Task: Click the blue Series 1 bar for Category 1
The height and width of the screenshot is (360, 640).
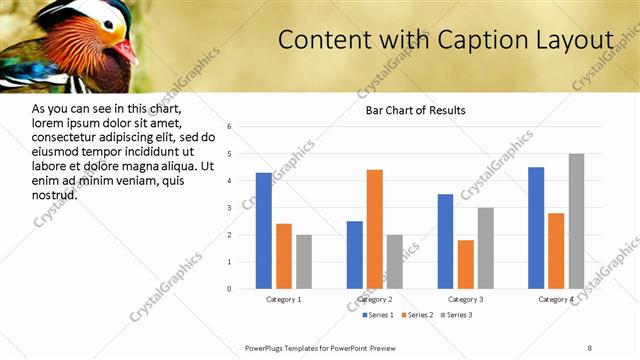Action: tap(263, 231)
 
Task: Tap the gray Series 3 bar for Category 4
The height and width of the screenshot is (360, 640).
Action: tap(576, 221)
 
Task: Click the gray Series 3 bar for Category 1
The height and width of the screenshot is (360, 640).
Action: tap(303, 262)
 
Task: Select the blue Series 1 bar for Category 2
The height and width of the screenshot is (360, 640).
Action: tap(355, 255)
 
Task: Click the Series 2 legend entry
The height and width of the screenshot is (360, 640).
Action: tap(417, 315)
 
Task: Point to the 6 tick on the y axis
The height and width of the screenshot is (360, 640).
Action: tap(229, 127)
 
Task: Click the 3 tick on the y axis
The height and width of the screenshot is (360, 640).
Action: tap(229, 208)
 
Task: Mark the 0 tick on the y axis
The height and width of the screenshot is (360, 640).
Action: tap(229, 289)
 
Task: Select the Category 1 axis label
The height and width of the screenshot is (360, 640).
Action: tap(283, 299)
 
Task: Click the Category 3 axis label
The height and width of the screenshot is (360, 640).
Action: tap(465, 299)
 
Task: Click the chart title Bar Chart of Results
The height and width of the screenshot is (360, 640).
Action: tap(416, 110)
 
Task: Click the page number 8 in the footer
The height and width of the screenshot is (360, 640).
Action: tap(589, 347)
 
